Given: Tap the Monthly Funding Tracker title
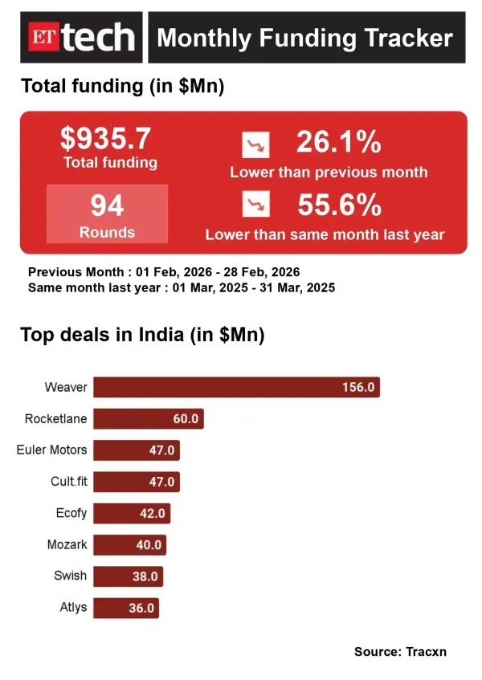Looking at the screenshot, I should coord(304,38).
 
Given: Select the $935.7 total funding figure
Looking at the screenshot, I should coord(106,139).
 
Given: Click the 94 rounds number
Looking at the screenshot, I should coord(107,206).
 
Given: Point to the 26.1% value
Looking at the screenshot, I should coord(338,143).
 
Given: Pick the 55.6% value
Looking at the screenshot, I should coord(339,206).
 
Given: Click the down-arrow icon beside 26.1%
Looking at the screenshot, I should coord(256,145).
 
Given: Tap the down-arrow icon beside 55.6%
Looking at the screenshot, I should coord(256,206).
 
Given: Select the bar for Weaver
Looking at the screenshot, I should coord(236,387).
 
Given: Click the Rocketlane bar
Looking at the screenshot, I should coord(149,418).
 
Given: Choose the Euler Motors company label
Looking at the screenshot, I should coord(51,450).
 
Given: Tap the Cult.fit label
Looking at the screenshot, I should coord(68,482).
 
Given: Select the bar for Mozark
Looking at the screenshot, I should coord(130,544).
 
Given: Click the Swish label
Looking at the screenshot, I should coord(70,576).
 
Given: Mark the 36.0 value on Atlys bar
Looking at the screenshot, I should coord(141,608).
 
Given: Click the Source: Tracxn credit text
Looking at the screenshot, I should coord(400,651).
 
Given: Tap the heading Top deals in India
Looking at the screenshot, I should coord(142,335).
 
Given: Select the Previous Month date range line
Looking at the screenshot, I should coord(164,272).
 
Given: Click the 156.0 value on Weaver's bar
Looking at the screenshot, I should coord(357,387).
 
